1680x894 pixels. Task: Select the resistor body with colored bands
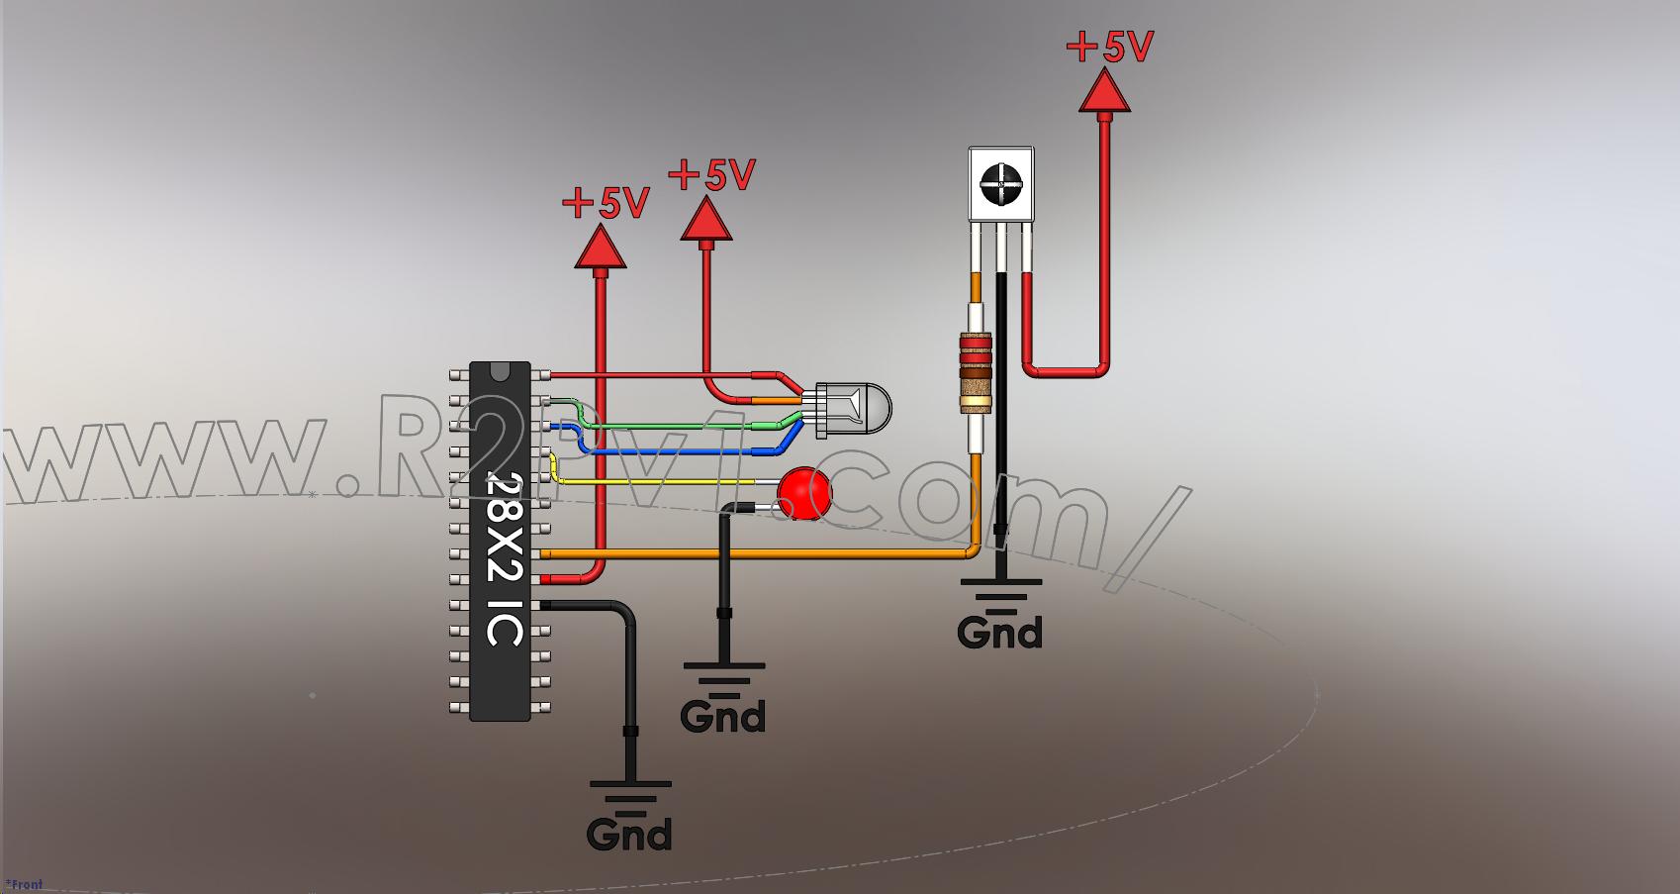point(975,373)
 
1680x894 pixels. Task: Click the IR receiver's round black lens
point(1001,183)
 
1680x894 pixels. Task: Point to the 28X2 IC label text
point(505,559)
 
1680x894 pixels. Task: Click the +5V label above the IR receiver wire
point(1110,47)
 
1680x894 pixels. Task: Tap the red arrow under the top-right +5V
point(1103,92)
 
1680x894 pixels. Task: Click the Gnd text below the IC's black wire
point(629,834)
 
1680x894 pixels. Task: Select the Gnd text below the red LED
point(723,716)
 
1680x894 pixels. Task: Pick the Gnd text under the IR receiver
point(999,632)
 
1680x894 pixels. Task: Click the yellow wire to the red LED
point(653,482)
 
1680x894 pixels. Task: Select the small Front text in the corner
point(24,884)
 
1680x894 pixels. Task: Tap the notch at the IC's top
point(501,369)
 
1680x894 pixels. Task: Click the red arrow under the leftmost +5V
point(601,248)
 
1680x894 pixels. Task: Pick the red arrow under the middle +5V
point(706,220)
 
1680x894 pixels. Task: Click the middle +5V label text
point(712,175)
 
